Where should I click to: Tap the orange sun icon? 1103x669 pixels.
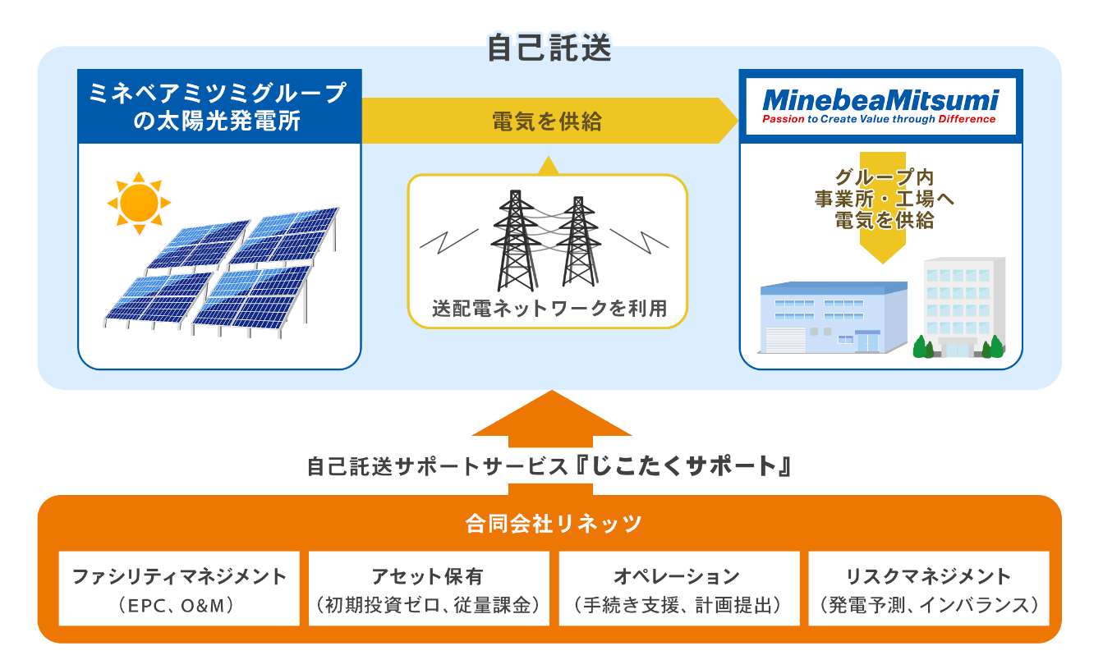(137, 201)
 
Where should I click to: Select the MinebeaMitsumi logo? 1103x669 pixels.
(880, 106)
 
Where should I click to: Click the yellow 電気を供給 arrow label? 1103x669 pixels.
(547, 121)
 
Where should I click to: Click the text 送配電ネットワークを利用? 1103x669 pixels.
(549, 309)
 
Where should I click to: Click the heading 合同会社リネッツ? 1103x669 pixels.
(550, 523)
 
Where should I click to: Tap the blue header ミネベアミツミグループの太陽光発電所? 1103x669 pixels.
(219, 107)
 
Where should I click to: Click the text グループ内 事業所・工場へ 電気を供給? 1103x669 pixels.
(883, 199)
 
